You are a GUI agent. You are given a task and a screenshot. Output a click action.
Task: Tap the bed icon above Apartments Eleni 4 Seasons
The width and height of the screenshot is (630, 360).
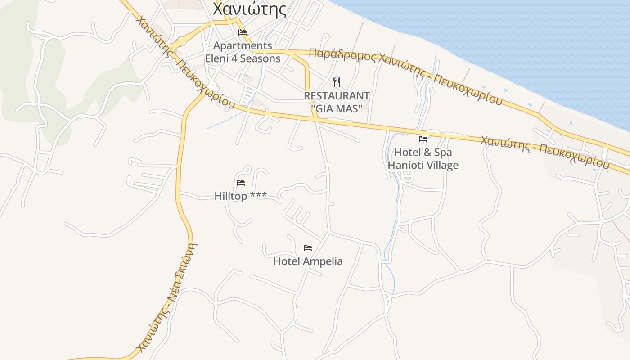[x=243, y=32]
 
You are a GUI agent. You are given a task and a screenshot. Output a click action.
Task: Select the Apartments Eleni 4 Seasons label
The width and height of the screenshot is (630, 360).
[x=243, y=52]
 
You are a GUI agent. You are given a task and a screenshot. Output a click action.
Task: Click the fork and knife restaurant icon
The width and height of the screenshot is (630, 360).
[x=336, y=82]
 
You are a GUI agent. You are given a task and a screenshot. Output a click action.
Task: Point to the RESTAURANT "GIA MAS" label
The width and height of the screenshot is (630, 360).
[x=337, y=102]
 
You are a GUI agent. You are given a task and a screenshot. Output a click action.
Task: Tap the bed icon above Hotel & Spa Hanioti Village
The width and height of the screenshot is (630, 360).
[x=423, y=139]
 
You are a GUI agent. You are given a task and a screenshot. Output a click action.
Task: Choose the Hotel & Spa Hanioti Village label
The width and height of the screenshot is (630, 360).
[x=423, y=159]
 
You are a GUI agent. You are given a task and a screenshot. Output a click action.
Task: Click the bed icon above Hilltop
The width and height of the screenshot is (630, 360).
[x=241, y=183]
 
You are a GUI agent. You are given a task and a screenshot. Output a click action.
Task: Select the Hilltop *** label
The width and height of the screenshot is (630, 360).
[x=241, y=196]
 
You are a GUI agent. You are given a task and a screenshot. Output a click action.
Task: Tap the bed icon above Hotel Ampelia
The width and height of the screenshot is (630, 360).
[x=308, y=248]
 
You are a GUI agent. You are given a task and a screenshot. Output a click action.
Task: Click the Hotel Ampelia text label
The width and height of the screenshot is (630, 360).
[x=308, y=261]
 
